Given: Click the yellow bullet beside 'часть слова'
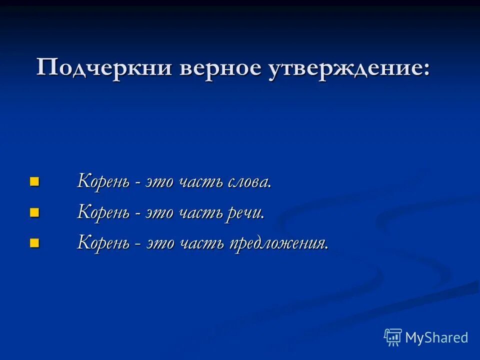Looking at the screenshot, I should [x=34, y=181].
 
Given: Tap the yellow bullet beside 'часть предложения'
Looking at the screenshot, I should [x=34, y=243].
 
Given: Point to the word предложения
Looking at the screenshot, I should [x=278, y=243].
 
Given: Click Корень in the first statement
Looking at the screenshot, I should [x=102, y=181].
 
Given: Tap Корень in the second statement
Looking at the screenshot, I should [x=102, y=212].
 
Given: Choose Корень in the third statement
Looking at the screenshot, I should [x=102, y=243].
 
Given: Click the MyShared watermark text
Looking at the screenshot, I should [x=436, y=338].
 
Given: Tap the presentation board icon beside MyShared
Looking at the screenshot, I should [x=393, y=337].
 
